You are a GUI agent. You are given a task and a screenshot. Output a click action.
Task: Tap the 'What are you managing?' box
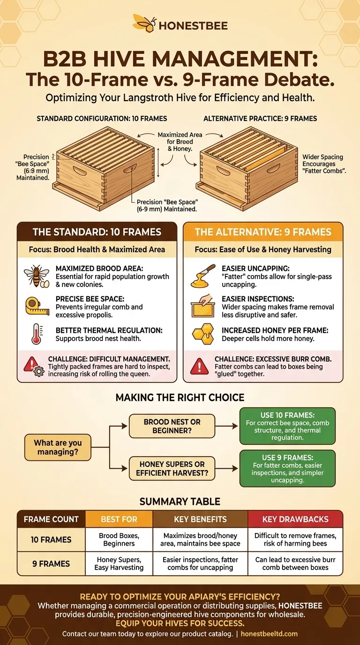coord(58,448)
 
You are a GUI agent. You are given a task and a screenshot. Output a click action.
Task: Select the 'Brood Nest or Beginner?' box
coord(172,426)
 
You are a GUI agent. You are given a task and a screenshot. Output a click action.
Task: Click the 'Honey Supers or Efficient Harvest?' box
coord(172,468)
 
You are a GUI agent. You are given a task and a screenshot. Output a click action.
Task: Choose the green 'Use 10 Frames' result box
coord(287,426)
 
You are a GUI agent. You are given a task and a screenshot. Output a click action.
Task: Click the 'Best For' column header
coord(119,519)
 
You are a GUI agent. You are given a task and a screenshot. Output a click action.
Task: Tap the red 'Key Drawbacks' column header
coord(295,519)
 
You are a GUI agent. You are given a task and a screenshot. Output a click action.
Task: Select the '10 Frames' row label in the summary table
coord(52,540)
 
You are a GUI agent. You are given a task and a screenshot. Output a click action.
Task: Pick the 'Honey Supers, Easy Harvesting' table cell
coord(119,563)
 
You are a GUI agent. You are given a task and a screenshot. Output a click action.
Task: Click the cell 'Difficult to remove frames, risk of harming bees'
coord(295,540)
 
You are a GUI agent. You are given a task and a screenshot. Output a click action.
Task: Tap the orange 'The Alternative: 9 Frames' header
coord(263,232)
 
